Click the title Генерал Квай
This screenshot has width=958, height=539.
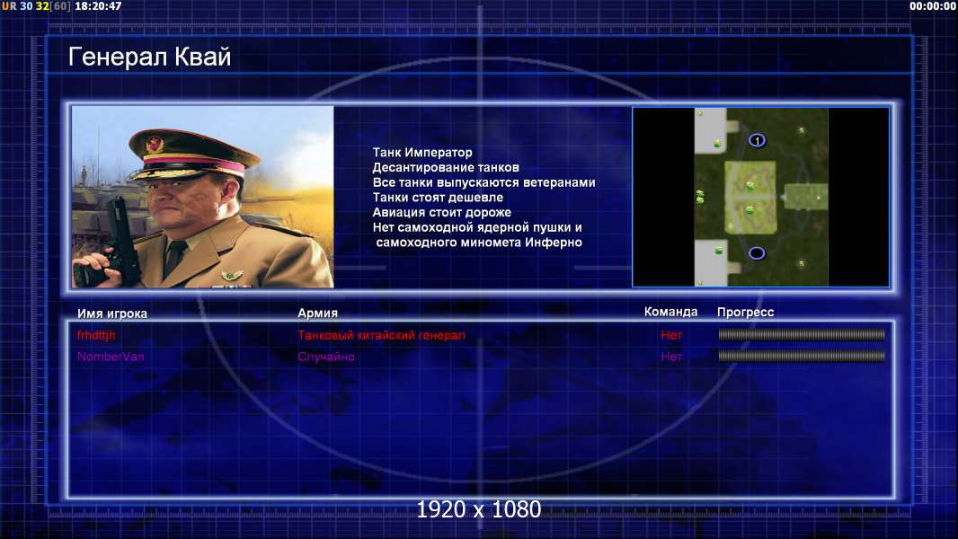point(150,57)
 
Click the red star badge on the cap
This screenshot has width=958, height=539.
point(155,144)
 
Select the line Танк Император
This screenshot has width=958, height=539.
point(422,153)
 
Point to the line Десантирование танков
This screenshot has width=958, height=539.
point(446,167)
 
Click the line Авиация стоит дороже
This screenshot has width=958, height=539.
point(442,212)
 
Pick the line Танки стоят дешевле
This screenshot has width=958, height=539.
point(438,197)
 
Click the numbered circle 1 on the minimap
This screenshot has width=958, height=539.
point(757,140)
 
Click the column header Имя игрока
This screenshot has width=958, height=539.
point(111,314)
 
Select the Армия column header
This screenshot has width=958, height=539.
point(318,313)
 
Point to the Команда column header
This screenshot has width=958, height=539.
point(670,312)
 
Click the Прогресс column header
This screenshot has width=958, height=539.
point(745,312)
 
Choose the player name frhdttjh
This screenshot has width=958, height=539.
point(96,334)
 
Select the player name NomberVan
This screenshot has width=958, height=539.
point(111,357)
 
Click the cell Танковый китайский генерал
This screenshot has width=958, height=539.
point(381,335)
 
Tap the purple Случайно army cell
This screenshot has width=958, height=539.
point(326,357)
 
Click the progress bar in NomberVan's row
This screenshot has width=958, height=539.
point(802,356)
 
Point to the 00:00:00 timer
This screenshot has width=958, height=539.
point(932,6)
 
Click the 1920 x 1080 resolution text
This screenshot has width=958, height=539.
point(479,509)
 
